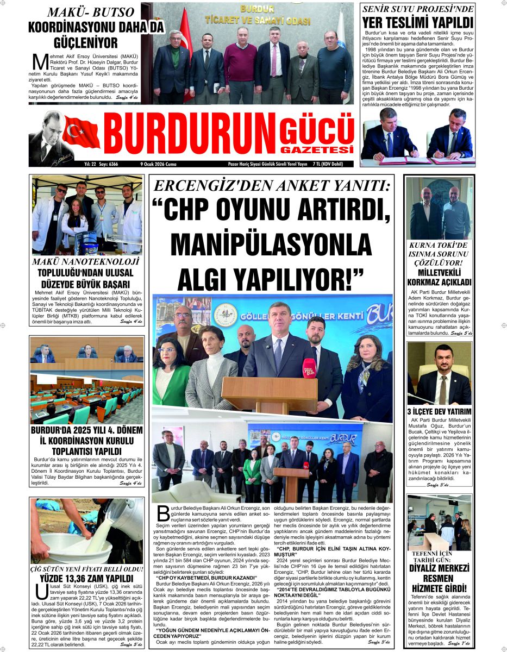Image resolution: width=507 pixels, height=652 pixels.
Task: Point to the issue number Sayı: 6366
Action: click(x=106, y=164)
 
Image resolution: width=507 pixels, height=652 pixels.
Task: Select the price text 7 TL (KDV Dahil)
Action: click(x=335, y=164)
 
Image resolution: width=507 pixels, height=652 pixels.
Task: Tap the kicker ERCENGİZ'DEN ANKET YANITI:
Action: click(x=272, y=186)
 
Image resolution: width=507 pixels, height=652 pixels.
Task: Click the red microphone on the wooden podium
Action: click(x=309, y=368)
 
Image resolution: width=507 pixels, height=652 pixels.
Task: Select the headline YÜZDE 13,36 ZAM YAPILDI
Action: click(x=86, y=578)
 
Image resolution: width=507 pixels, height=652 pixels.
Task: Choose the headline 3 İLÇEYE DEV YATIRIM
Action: click(x=440, y=411)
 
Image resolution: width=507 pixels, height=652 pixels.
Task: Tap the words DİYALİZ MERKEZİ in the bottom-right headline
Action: click(x=440, y=568)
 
